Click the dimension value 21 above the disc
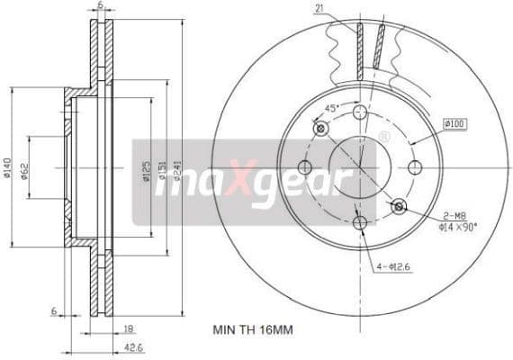319,9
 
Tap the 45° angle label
330,109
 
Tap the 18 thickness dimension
129,329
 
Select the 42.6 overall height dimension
131,347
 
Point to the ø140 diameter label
8,168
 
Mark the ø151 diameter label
163,170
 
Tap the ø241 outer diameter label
179,170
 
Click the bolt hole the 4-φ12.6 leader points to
360,222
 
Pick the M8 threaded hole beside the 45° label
320,128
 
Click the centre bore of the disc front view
359,167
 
